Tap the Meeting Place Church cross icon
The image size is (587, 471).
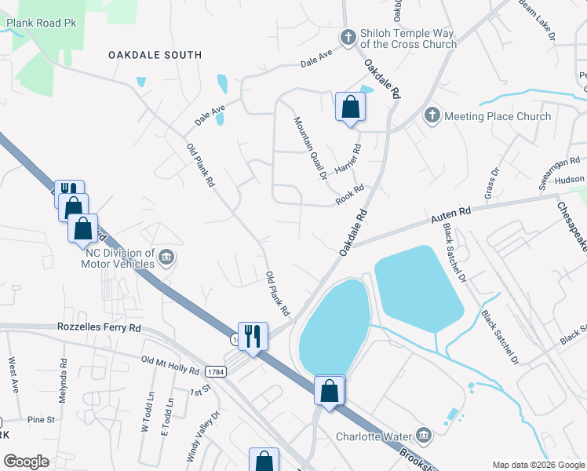[x=432, y=116]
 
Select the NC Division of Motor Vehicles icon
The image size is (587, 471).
[x=166, y=257]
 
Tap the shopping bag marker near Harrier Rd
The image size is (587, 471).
[x=350, y=108]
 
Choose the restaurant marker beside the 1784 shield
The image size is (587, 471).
[x=253, y=337]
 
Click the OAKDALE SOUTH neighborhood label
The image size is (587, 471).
[x=155, y=55]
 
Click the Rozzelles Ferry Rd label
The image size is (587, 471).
[x=99, y=327]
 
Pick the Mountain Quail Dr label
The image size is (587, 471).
[x=310, y=148]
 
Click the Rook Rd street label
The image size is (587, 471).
[x=350, y=195]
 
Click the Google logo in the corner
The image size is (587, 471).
[x=26, y=462]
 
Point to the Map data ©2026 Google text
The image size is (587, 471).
[x=538, y=465]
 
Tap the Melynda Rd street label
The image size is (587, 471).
[x=64, y=382]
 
